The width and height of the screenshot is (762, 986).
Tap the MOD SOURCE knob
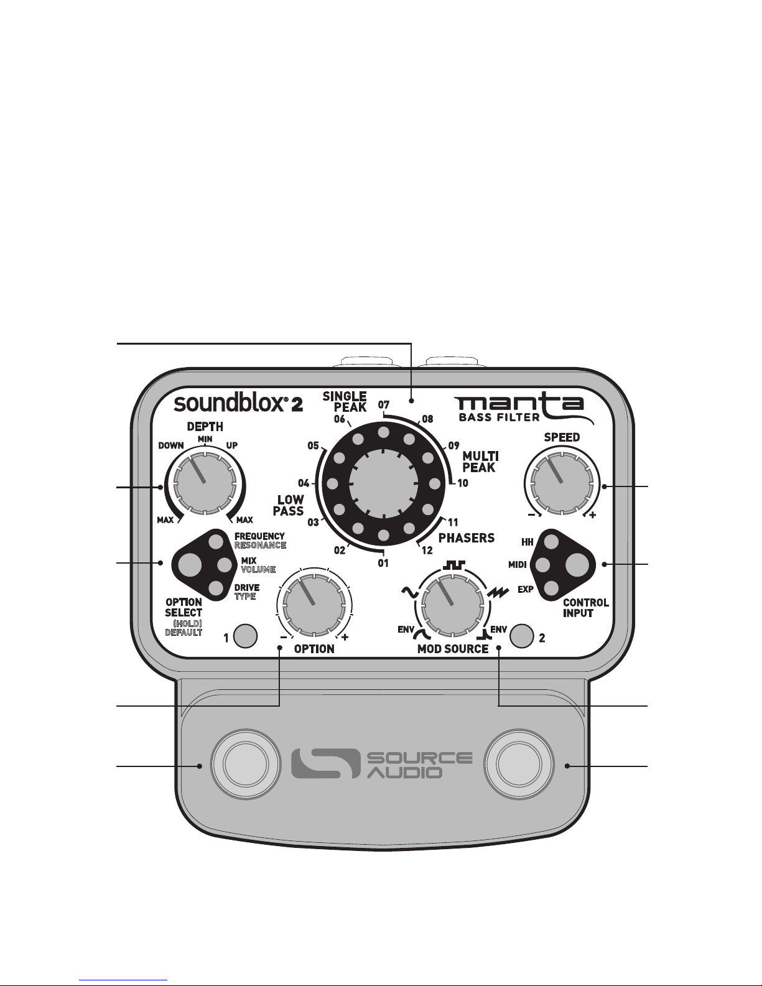tap(453, 605)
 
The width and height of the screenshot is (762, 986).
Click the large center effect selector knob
tap(383, 483)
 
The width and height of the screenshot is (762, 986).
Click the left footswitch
tap(245, 764)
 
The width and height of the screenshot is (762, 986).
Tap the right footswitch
tap(519, 764)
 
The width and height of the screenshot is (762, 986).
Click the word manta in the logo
tap(519, 404)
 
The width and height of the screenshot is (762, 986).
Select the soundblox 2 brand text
tap(238, 403)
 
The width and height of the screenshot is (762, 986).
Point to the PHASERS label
tap(467, 538)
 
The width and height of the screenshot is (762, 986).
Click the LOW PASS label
tap(289, 505)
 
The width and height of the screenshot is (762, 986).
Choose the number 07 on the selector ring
tap(384, 404)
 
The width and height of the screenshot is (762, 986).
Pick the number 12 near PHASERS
tap(427, 551)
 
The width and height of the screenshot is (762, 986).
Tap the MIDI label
tap(518, 565)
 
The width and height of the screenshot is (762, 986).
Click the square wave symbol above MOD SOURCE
tap(454, 564)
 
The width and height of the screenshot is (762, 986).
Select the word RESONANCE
tap(261, 545)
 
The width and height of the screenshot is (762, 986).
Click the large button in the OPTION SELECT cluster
tap(190, 565)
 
